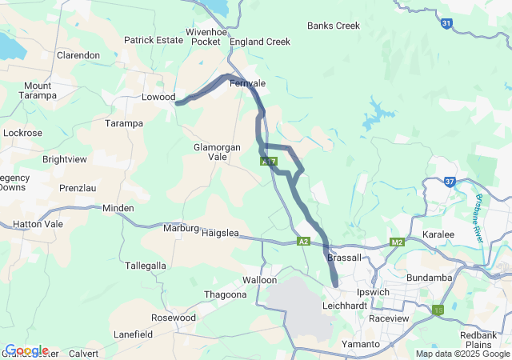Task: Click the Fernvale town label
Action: (247, 83)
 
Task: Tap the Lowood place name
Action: (158, 98)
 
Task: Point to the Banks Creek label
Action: (334, 26)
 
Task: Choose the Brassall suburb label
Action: (345, 258)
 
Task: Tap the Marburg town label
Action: (181, 228)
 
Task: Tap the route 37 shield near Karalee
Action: (450, 182)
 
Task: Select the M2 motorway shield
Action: (398, 242)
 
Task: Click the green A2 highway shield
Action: (302, 242)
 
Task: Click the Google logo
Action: (26, 350)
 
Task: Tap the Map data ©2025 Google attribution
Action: (462, 354)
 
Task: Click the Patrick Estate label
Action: (154, 39)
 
